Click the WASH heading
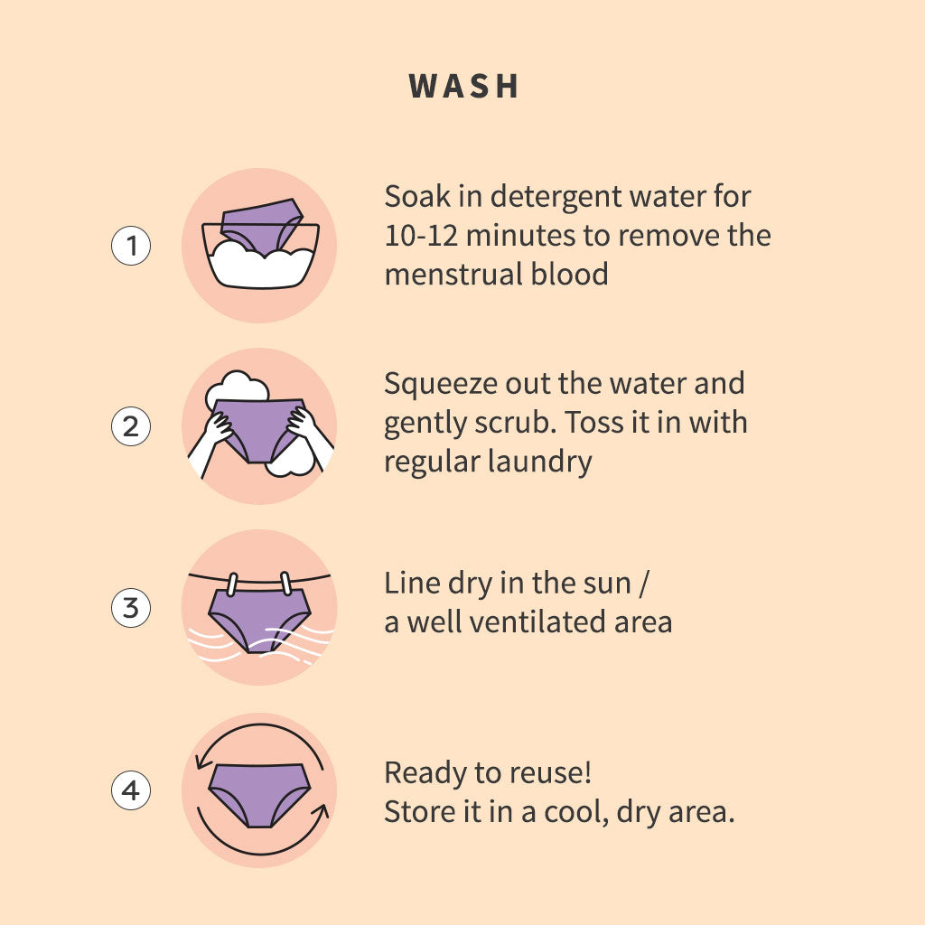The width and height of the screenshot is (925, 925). (463, 86)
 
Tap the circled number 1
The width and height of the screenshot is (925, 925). (131, 246)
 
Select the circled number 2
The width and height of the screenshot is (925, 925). (131, 426)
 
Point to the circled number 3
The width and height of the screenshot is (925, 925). (131, 608)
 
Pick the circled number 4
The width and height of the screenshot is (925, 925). (131, 790)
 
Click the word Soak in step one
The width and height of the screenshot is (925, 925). (417, 196)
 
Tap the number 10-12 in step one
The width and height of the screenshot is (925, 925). (421, 236)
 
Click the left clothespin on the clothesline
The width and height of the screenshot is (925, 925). (232, 584)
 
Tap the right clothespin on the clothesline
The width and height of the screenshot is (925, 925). (286, 583)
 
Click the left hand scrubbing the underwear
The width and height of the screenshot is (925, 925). (217, 427)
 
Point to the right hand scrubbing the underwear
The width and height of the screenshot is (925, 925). (302, 423)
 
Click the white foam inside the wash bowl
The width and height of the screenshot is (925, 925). (261, 267)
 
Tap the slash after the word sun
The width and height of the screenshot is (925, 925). (643, 584)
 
